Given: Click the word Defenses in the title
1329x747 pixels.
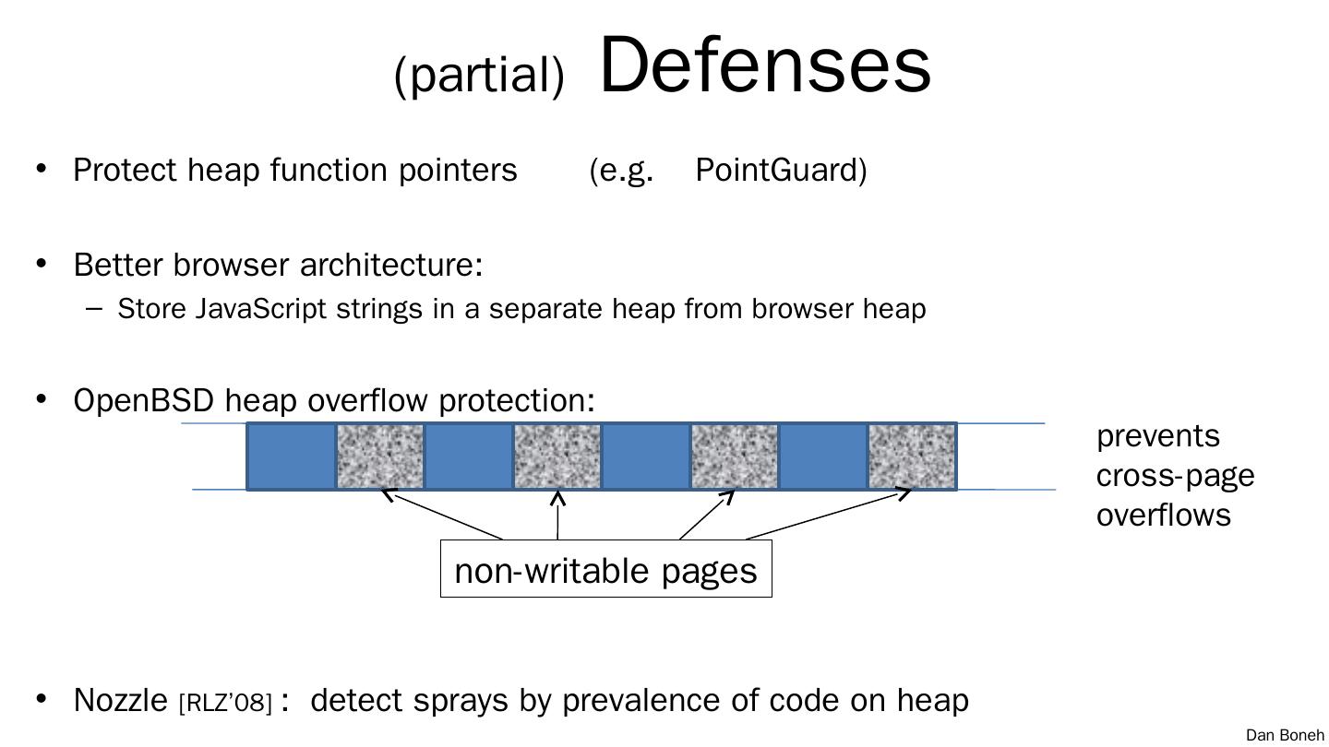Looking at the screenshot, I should [x=765, y=65].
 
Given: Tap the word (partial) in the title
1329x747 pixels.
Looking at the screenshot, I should [x=478, y=74].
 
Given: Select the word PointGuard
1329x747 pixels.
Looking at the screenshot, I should [x=781, y=171].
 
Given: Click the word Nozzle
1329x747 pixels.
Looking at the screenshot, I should [x=120, y=700].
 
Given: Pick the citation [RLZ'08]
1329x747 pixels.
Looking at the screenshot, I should [x=225, y=704].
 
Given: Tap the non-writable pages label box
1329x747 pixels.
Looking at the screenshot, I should [x=605, y=570].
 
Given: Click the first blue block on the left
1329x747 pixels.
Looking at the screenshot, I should [x=292, y=456].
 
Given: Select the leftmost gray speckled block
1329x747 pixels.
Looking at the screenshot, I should [x=380, y=456].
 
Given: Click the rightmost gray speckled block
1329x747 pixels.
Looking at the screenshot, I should [x=912, y=456].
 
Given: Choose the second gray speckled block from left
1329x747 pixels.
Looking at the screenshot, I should [x=557, y=456].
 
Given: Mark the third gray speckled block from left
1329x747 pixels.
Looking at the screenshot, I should [x=735, y=456].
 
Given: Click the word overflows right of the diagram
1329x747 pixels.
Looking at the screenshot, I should [x=1163, y=515].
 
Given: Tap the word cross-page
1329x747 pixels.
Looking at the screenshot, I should [x=1175, y=476].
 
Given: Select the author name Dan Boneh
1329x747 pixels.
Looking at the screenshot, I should [x=1285, y=735].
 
